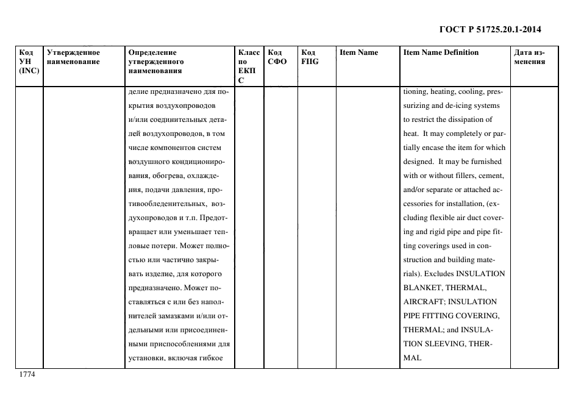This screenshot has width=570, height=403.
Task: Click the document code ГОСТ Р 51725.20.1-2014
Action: [490, 29]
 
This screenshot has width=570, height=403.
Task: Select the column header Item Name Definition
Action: [441, 52]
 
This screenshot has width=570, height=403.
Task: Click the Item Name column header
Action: [358, 52]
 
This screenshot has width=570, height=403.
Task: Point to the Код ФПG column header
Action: [310, 57]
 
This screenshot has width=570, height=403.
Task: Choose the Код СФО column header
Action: [277, 57]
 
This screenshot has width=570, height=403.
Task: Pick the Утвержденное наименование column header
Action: [73, 57]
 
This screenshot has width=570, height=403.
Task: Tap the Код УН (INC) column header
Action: [29, 62]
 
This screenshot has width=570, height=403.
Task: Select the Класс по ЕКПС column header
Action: [249, 66]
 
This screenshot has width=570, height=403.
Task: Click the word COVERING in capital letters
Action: [478, 316]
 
